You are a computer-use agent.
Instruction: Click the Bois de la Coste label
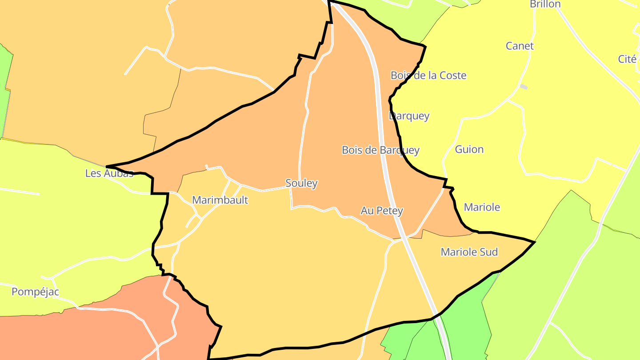coord(428,76)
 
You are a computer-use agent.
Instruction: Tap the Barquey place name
coord(409,116)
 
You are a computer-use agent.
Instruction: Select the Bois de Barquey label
coord(380,150)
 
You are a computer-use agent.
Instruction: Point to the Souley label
coord(301,183)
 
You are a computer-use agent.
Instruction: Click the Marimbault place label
coord(220,200)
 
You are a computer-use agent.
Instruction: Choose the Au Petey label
coord(382,211)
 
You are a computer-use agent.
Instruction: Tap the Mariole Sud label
coord(469,252)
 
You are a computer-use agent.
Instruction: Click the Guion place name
coord(469,149)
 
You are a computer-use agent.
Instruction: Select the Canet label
coord(520,46)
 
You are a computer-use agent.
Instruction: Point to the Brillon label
coord(545,4)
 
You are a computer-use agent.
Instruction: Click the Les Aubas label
coord(109,173)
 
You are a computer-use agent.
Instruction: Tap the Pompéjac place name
coord(35,292)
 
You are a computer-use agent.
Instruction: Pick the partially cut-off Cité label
coord(628,59)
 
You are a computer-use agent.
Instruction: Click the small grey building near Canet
coord(524,87)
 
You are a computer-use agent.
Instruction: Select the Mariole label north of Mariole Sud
coord(482,207)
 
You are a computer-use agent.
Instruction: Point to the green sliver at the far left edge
coord(4,89)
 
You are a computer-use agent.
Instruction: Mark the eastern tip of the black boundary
coord(535,242)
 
